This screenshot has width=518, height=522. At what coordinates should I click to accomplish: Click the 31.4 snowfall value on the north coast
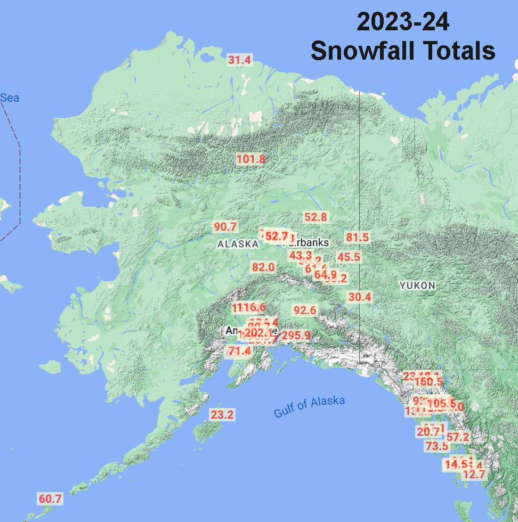[x=239, y=60]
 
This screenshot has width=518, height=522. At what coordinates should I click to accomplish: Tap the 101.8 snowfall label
[x=250, y=159]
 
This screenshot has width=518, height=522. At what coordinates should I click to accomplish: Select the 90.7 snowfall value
[x=225, y=226]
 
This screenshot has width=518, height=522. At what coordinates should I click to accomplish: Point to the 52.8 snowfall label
[x=315, y=217]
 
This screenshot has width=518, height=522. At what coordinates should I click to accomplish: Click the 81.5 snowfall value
[x=358, y=237]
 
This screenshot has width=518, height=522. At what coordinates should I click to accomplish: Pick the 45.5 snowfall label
[x=349, y=257]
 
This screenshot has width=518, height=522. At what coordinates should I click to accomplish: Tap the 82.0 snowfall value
[x=263, y=267]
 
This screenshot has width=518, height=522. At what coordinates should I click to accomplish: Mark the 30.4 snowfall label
[x=360, y=297]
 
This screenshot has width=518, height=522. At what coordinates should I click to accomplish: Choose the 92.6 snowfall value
[x=305, y=310]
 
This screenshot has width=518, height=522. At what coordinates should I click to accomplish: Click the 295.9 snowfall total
[x=296, y=336]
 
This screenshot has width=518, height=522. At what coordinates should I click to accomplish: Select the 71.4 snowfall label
[x=239, y=351]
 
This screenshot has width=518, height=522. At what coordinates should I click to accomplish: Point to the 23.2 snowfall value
[x=222, y=414]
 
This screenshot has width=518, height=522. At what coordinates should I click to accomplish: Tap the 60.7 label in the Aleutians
[x=50, y=499]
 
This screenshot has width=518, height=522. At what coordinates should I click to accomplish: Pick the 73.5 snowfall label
[x=437, y=446]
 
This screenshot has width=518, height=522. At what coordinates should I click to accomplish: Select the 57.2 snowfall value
[x=458, y=437]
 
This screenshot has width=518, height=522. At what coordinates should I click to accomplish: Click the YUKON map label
[x=417, y=286]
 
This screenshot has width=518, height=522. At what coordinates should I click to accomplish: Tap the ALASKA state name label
[x=238, y=244]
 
